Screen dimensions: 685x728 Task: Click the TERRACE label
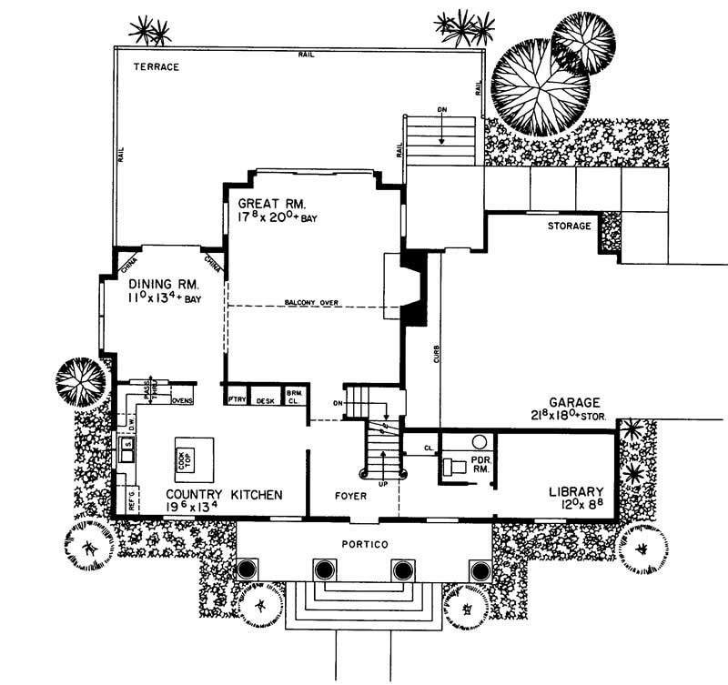coord(156,67)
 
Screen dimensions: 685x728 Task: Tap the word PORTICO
coord(367,544)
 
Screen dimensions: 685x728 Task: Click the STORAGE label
coord(569,226)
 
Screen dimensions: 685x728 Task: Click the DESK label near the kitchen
coord(265,400)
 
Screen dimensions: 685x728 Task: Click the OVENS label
coord(183,398)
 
